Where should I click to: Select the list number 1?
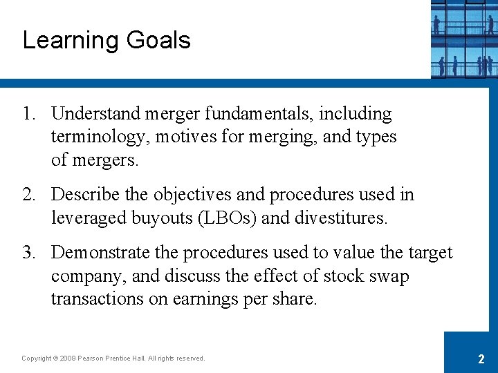click(x=28, y=114)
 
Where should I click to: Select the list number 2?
click(x=28, y=195)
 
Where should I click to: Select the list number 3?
click(x=28, y=253)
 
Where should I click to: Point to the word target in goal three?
click(x=428, y=253)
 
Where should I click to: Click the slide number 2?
click(x=481, y=358)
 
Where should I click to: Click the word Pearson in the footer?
click(x=94, y=358)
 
